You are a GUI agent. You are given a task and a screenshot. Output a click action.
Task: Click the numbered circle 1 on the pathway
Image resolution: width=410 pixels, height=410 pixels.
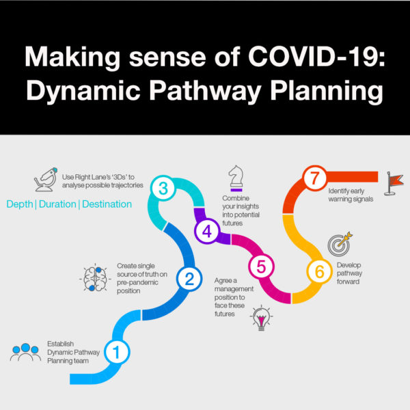click(x=117, y=352)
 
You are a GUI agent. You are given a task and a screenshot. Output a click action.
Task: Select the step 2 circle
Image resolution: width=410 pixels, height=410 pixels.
click(x=189, y=279)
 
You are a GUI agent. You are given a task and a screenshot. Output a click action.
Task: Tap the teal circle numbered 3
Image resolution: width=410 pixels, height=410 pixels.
click(x=163, y=188)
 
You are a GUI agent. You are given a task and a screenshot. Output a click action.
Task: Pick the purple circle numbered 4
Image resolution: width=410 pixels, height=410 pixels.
click(x=207, y=231)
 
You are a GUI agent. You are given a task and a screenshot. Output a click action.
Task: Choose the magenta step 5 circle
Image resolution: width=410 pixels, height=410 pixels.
click(x=261, y=266)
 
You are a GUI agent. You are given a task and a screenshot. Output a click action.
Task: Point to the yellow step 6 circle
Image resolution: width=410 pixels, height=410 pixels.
click(x=320, y=271)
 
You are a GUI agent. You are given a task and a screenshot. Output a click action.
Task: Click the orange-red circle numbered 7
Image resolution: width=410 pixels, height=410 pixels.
click(x=314, y=178)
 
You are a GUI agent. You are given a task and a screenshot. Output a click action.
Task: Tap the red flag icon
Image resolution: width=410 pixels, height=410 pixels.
click(x=394, y=183)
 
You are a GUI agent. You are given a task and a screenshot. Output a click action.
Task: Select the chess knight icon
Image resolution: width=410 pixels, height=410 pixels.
click(x=236, y=178)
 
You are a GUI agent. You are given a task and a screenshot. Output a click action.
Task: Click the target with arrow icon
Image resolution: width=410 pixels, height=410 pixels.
click(x=340, y=244)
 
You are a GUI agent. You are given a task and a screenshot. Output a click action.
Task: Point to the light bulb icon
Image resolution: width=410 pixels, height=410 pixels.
click(x=261, y=318)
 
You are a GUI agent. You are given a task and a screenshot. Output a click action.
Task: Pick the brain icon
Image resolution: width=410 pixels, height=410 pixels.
click(x=95, y=279)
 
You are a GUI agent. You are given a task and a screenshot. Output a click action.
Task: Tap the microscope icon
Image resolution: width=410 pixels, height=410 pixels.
click(x=46, y=179)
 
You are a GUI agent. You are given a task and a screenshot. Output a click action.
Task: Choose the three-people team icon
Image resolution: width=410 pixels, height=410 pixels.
click(x=25, y=352)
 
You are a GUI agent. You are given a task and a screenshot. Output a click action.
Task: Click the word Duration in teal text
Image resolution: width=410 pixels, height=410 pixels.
click(x=57, y=204)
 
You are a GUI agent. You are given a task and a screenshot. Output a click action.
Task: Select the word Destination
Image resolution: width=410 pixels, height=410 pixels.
click(x=107, y=204)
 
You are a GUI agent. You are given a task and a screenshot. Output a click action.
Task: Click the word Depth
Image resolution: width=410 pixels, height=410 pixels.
click(x=20, y=204)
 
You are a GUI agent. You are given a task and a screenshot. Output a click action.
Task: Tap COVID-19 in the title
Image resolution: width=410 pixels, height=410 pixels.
click(x=316, y=57)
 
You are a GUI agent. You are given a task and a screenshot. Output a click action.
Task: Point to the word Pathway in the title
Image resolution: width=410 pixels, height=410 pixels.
click(x=205, y=92)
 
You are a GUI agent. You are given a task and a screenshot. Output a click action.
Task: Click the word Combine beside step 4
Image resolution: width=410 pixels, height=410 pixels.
click(x=236, y=198)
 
